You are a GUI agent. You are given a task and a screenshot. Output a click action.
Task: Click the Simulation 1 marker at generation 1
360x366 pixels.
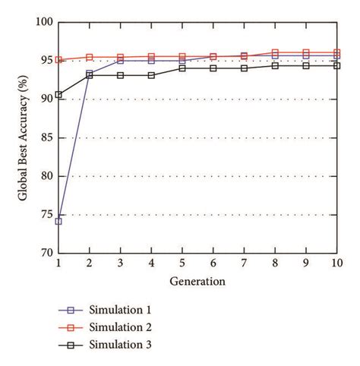(x=58, y=221)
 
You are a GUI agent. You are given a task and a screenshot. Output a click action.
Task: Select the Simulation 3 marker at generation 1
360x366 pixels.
(x=58, y=95)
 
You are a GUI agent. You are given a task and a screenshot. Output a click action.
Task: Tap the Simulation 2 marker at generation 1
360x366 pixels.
(x=58, y=60)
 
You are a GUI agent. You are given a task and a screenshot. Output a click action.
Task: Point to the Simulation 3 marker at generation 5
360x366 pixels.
(x=182, y=68)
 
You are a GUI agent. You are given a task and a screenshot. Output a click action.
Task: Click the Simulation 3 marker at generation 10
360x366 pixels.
(x=336, y=66)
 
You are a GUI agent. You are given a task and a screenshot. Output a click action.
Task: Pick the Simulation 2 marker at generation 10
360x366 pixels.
(x=336, y=53)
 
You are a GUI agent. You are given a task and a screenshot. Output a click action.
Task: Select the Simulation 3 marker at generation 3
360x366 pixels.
(x=120, y=75)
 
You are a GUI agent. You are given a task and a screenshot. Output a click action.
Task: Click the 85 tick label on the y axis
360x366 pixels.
(x=46, y=138)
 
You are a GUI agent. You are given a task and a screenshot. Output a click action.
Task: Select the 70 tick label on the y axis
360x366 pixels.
(x=46, y=253)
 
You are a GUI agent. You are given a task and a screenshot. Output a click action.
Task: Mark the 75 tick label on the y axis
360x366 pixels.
(x=46, y=215)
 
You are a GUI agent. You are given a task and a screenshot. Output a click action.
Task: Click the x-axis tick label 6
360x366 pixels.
(x=213, y=263)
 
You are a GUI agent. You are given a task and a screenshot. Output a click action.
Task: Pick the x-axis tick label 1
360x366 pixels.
(x=58, y=263)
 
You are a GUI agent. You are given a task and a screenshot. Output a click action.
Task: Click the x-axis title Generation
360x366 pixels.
(x=197, y=282)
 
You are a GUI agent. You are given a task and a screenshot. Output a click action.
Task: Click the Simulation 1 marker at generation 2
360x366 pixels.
(x=90, y=74)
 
